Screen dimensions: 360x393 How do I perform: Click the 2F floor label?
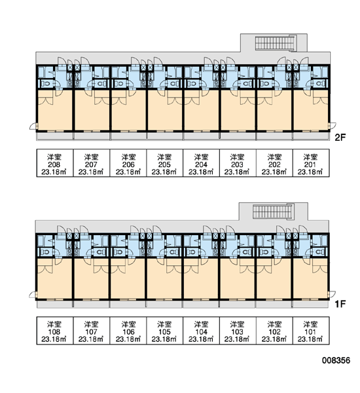340,138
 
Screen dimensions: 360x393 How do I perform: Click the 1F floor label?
340,304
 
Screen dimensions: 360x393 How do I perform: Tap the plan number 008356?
336,360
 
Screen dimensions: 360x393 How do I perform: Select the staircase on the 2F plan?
276,43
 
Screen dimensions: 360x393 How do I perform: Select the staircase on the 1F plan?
273,212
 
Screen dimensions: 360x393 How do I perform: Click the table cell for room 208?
55,163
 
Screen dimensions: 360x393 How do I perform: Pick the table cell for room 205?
164,163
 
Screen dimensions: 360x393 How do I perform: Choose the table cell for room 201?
311,163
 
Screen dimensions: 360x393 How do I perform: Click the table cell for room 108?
55,330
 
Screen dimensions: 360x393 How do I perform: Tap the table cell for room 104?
201,330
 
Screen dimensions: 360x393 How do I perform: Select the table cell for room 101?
311,330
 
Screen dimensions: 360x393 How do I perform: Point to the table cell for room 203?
238,163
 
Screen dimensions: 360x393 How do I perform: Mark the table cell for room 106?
128,330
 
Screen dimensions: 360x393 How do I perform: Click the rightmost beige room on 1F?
310,278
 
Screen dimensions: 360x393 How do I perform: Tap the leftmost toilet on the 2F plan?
45,83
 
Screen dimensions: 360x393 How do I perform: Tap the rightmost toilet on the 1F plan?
319,252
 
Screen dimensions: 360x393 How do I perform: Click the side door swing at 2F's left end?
33,126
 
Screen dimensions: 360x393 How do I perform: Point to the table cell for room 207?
92,163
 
